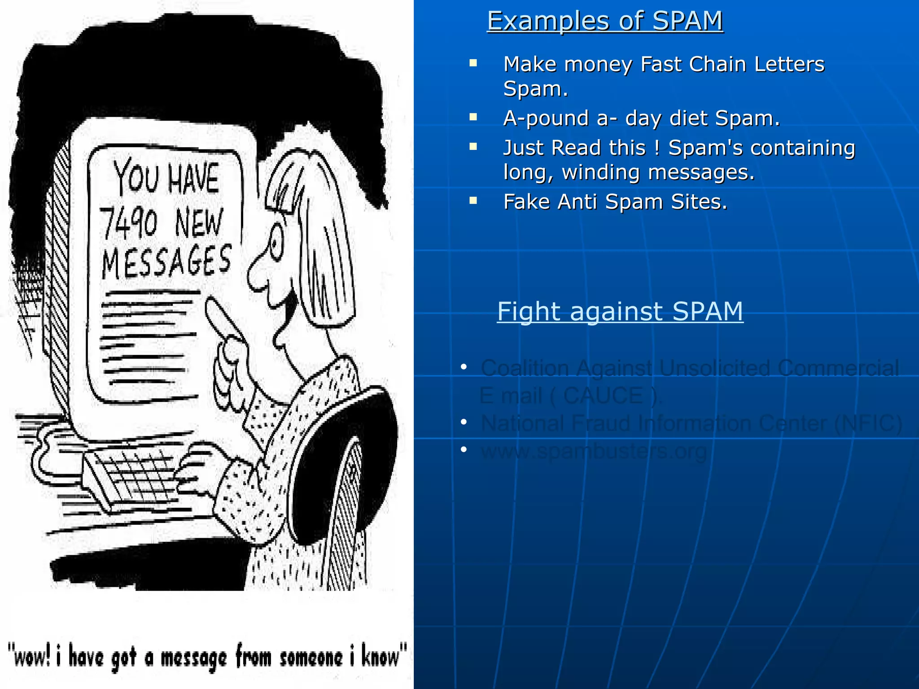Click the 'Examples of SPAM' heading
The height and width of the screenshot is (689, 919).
605,21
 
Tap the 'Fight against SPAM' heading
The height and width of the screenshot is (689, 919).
620,311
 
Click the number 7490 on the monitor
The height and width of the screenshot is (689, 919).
129,223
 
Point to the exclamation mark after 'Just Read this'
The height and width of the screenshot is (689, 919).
657,148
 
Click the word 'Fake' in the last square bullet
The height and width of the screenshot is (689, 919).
527,202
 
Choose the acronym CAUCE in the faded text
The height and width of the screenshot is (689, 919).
603,396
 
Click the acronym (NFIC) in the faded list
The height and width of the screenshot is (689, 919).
868,423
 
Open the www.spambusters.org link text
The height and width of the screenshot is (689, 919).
594,451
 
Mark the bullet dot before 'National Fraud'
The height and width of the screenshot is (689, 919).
464,422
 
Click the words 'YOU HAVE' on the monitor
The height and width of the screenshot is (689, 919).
166,178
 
